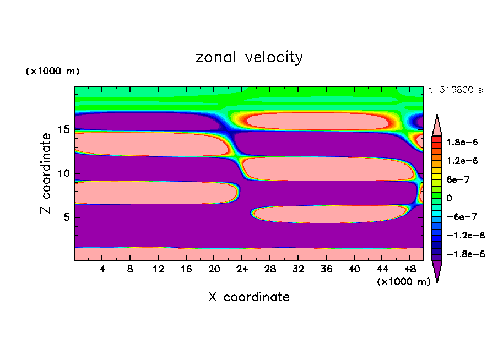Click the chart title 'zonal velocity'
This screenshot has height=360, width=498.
pos(249,57)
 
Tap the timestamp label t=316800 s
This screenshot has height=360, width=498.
pos(455,90)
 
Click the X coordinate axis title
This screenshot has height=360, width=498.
pos(249,297)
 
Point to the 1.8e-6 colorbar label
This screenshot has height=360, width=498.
pos(463,142)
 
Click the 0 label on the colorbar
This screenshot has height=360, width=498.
pos(448,198)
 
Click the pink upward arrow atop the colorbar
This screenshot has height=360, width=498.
pos(437,124)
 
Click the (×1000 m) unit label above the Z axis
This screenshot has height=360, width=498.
pos(52,72)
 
